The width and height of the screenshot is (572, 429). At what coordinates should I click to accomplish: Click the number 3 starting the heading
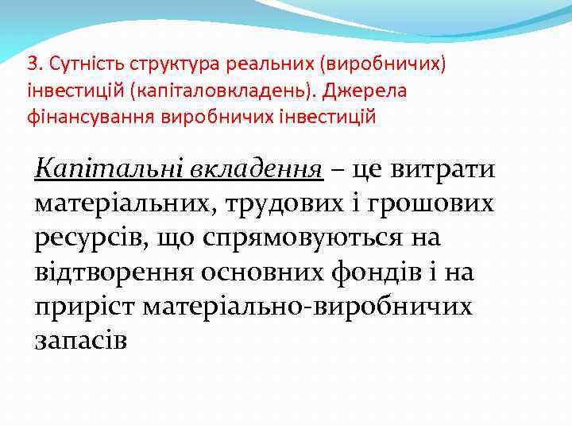tap(31, 64)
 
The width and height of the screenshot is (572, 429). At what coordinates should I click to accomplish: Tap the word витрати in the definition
tap(433, 169)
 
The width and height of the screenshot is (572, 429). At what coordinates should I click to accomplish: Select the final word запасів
tap(79, 340)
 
